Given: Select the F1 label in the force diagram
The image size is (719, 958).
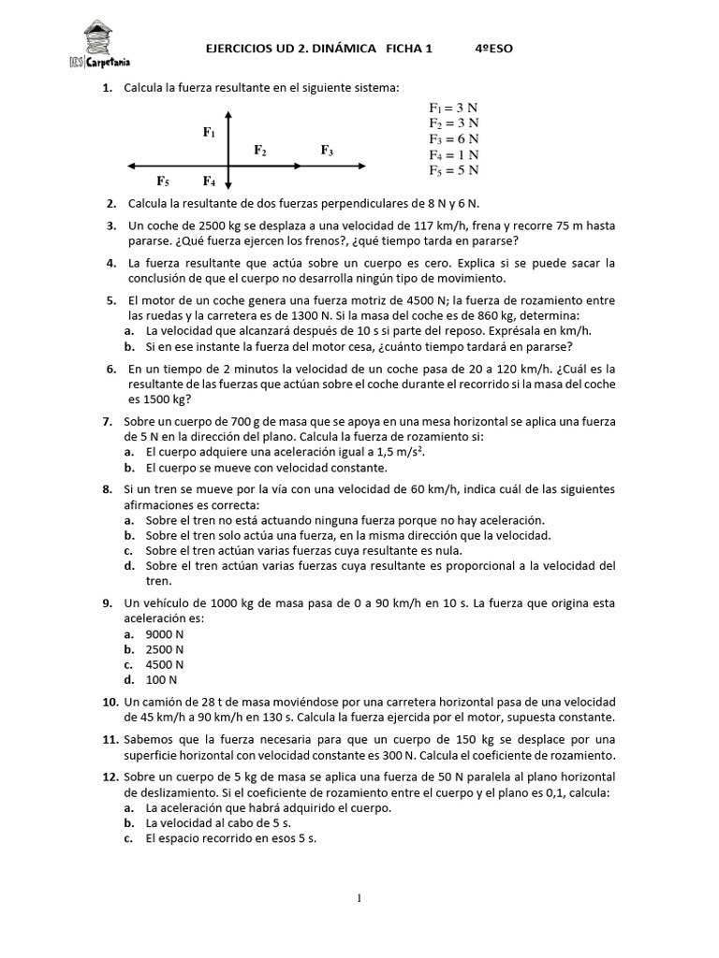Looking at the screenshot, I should click(210, 133).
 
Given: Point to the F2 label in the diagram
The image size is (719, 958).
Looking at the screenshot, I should click(260, 150).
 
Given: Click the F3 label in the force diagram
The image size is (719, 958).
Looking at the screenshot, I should click(327, 150).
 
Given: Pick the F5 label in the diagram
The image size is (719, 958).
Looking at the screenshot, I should click(163, 181).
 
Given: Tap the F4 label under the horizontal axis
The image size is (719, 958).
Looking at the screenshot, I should click(209, 181).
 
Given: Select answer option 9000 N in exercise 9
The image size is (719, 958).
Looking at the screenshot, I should click(165, 634).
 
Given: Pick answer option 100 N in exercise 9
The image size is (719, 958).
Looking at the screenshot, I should click(161, 679).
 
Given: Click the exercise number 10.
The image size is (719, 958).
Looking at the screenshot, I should click(109, 702).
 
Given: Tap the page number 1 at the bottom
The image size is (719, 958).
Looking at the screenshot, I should click(359, 899).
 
